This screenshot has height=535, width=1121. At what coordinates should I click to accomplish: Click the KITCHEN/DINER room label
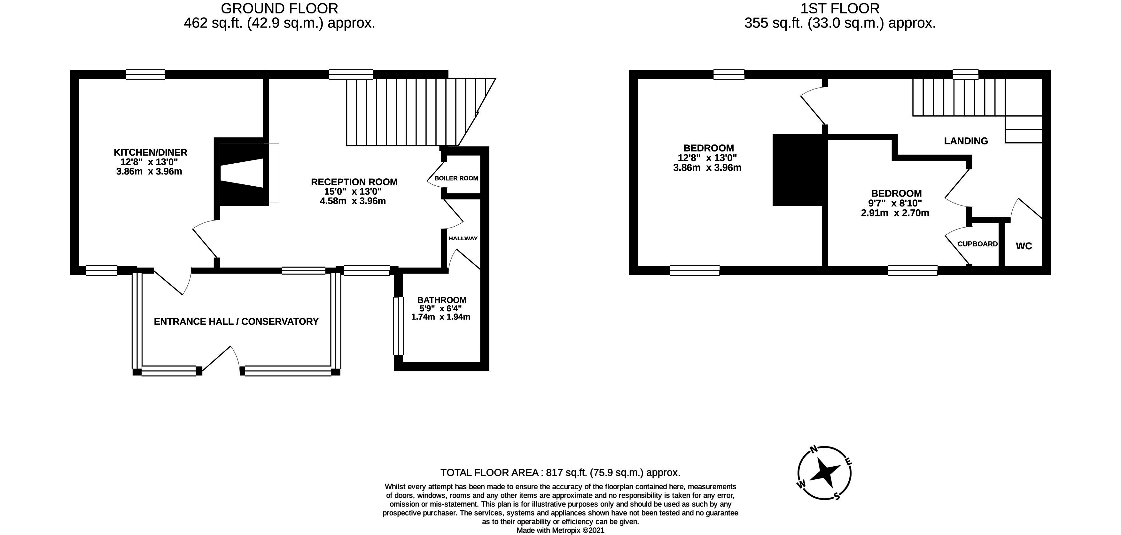150,152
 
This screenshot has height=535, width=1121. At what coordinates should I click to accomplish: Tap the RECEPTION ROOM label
354,182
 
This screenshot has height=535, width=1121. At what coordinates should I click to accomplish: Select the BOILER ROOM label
456,178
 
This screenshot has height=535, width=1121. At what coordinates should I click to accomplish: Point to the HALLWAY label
463,238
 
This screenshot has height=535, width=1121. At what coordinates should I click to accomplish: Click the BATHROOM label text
442,300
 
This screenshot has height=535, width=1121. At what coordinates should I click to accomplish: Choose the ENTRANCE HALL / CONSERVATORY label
236,322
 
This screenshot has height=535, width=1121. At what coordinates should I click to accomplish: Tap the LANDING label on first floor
966,141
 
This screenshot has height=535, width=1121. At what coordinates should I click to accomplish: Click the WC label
1024,246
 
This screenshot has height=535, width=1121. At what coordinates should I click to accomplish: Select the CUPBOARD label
977,244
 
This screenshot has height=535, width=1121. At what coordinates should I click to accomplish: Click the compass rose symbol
824,472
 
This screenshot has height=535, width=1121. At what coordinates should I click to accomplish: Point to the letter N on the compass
813,450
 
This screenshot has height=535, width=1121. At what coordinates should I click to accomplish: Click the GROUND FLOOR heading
279,8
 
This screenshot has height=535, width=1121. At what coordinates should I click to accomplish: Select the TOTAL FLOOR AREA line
560,472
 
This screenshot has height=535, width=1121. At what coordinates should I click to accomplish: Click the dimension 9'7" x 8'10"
895,203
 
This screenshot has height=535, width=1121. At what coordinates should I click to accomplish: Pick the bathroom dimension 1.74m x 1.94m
440,317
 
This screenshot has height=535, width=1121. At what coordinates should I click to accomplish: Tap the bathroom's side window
398,326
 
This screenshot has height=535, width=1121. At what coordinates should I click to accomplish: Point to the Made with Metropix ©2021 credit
560,531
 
